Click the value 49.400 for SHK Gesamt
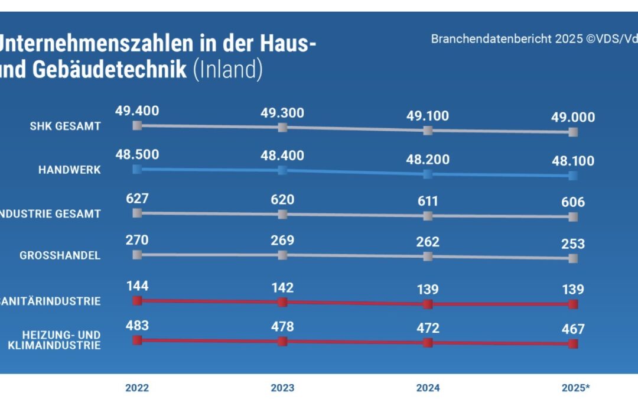(x=137, y=111)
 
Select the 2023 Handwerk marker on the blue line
(x=282, y=170)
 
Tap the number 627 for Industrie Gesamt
(x=137, y=199)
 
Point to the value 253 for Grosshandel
(x=572, y=244)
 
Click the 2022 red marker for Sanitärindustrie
(x=137, y=300)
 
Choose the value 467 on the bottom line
(x=572, y=329)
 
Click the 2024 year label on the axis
(x=428, y=388)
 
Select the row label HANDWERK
(x=69, y=170)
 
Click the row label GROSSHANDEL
(x=60, y=256)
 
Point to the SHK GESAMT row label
(x=65, y=126)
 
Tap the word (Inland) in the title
(x=227, y=70)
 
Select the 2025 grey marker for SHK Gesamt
(x=572, y=132)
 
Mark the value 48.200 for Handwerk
(x=428, y=160)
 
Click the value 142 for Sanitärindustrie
(x=282, y=288)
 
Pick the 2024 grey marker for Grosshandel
(x=428, y=257)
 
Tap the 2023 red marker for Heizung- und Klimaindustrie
(x=282, y=341)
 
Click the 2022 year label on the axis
(x=137, y=388)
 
